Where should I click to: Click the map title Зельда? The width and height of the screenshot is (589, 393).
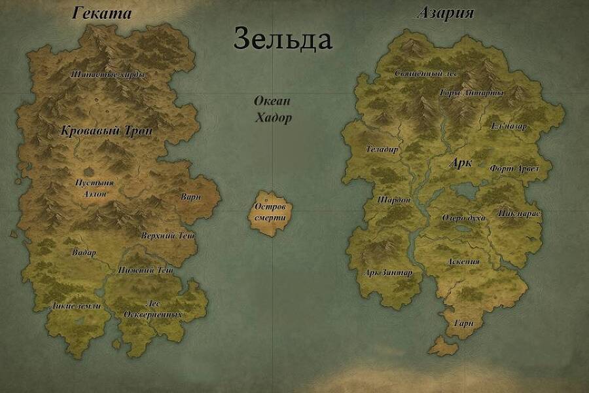point(283,39)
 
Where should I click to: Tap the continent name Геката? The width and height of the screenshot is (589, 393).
point(101,13)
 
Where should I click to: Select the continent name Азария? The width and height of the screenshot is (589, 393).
point(445,13)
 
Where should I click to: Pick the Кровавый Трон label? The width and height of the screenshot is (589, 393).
point(106,131)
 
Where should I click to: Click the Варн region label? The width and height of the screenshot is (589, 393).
point(190,196)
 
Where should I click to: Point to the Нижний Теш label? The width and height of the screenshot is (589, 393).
point(145,270)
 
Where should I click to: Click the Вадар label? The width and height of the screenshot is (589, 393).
point(84,253)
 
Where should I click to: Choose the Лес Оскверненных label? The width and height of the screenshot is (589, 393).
point(153,309)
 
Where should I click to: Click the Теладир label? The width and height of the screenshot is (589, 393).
point(382,149)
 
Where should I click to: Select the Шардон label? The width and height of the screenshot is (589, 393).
point(394,200)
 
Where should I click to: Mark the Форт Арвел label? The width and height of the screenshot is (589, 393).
point(514,168)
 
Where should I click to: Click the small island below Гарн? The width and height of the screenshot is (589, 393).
point(444,346)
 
